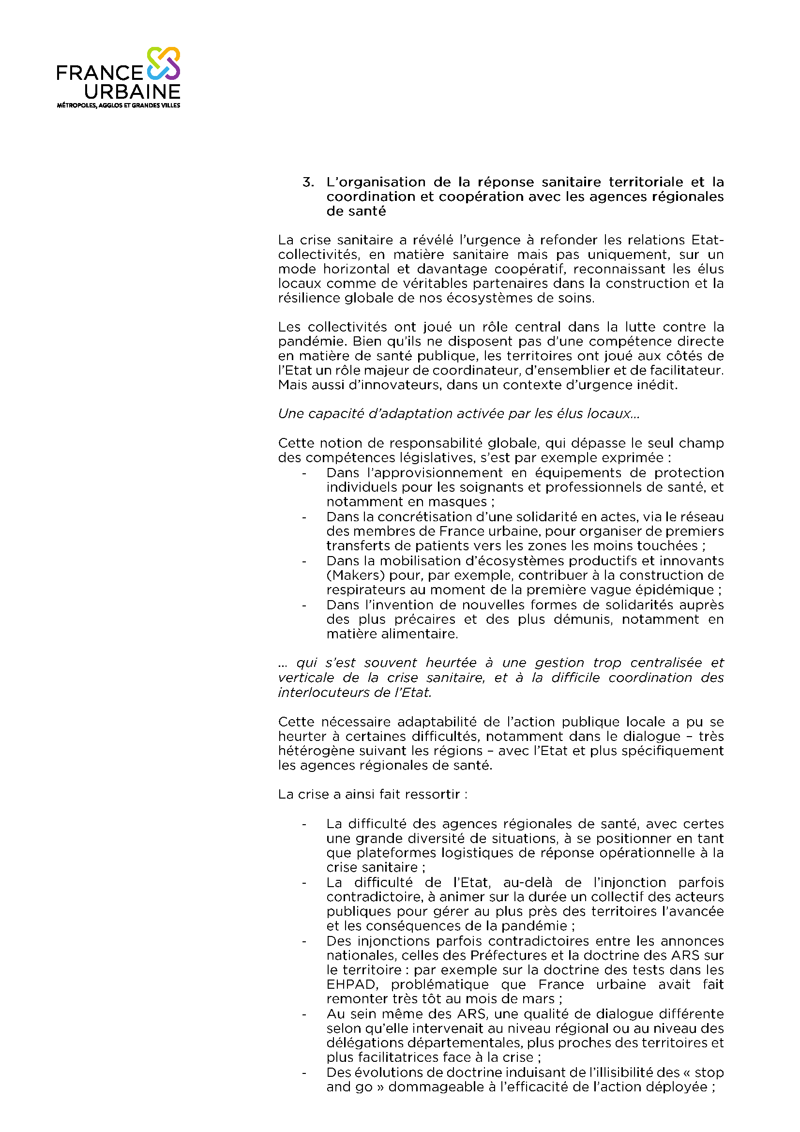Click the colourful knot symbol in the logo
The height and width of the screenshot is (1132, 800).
tap(164, 63)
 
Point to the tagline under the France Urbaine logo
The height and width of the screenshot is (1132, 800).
tap(118, 106)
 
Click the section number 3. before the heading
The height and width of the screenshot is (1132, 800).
tap(308, 182)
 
